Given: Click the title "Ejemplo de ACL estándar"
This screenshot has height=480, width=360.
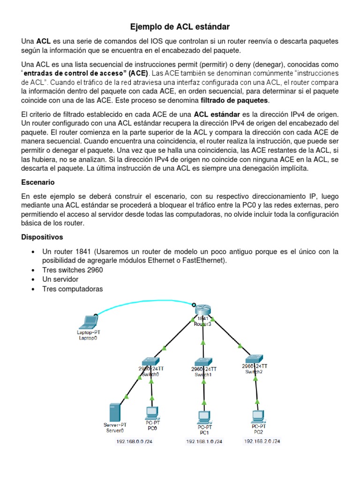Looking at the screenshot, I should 180,27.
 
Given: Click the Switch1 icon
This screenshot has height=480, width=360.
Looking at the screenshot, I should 203,362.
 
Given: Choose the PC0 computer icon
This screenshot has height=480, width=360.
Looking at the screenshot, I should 152,412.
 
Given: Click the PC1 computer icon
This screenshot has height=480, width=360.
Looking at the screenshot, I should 204,416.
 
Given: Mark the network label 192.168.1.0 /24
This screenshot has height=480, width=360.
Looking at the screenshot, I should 204,442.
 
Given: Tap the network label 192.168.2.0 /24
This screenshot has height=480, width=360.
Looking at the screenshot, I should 262,441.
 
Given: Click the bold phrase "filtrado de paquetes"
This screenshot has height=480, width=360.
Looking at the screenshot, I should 234,100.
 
